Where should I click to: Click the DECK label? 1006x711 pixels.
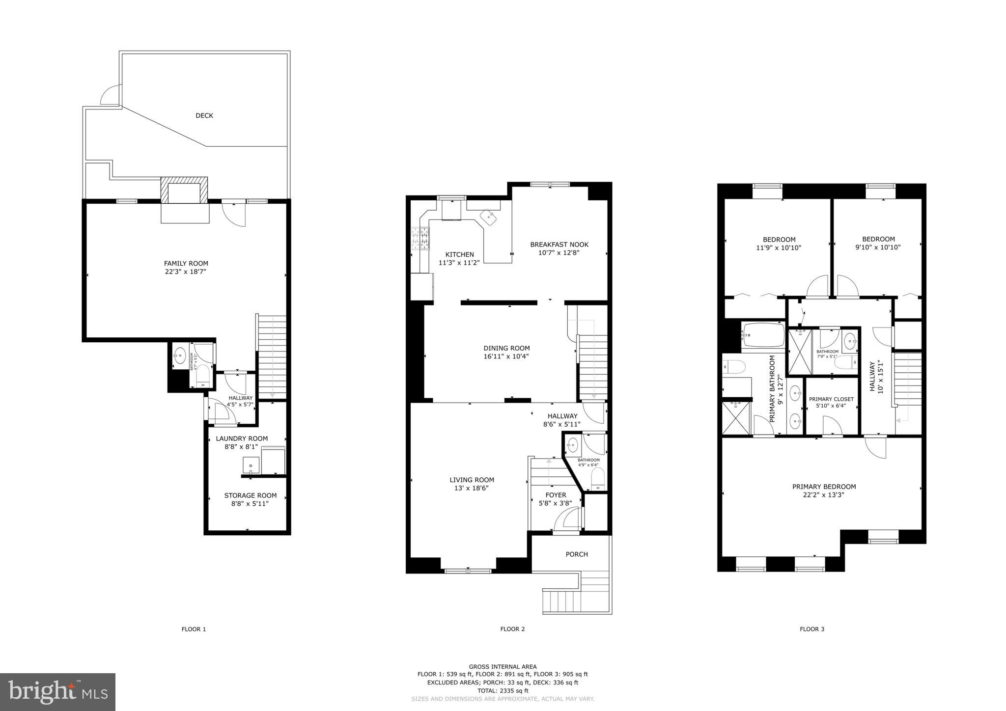click(x=204, y=116)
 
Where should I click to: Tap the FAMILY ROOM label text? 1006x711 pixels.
click(x=186, y=263)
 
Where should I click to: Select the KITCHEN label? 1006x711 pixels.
click(x=459, y=254)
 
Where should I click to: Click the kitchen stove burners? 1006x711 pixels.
click(x=420, y=239)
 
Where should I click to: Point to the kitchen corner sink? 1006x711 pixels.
click(x=489, y=216)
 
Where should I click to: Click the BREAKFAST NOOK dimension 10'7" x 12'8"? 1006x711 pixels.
click(x=559, y=253)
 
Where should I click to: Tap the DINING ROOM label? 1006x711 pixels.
click(x=506, y=348)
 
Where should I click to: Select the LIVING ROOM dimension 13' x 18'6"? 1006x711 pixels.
click(x=472, y=488)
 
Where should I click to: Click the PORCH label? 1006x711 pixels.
click(x=577, y=554)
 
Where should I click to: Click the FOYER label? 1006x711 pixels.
click(x=556, y=495)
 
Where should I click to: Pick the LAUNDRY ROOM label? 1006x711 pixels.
click(x=242, y=438)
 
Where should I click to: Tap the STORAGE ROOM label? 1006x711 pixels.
click(x=250, y=495)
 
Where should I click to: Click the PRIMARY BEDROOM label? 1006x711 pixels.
click(x=824, y=487)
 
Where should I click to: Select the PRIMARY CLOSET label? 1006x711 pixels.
click(x=831, y=399)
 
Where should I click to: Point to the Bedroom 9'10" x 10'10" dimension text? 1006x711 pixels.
click(x=878, y=247)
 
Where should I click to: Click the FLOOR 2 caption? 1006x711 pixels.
click(x=512, y=629)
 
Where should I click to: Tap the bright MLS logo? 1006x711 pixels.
click(x=57, y=692)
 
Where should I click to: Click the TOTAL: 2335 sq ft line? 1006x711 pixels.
click(x=503, y=691)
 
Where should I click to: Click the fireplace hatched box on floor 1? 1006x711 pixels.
click(x=184, y=191)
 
